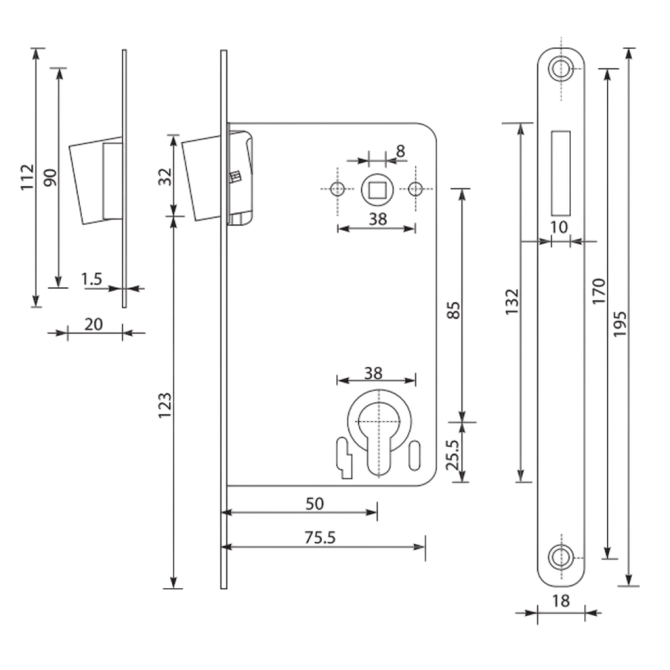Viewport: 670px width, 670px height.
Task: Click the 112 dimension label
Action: click(27, 177)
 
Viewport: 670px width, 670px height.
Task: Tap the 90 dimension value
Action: click(50, 178)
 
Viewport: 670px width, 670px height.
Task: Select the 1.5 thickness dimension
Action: click(92, 279)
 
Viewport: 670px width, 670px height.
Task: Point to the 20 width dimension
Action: click(94, 324)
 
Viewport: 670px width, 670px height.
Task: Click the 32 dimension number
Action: click(165, 177)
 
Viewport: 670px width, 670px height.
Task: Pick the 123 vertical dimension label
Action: click(165, 405)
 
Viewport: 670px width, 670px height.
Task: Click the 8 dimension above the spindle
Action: click(401, 151)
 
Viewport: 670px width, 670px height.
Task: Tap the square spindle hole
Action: click(377, 190)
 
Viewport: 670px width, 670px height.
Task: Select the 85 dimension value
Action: click(454, 310)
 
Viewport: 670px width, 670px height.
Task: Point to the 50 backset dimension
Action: click(314, 504)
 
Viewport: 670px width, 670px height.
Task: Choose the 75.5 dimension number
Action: click(320, 537)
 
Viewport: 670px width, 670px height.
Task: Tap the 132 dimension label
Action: click(512, 301)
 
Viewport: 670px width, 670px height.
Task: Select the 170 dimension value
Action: click(599, 291)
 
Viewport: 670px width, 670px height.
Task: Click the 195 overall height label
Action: click(620, 324)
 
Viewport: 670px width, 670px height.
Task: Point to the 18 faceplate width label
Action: click(561, 601)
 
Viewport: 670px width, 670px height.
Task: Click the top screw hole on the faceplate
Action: click(561, 68)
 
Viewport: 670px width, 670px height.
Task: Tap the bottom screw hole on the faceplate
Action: click(561, 556)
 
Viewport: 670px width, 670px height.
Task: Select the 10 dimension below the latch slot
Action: click(559, 227)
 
